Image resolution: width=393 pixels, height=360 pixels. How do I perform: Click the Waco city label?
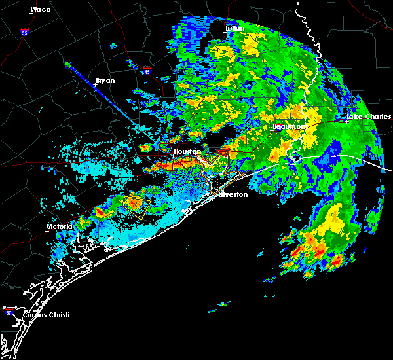click(x=41, y=9)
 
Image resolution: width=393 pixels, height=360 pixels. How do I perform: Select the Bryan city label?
click(x=105, y=81)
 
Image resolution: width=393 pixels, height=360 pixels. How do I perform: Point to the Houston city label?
click(x=187, y=151)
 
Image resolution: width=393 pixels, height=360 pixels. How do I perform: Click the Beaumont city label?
click(x=290, y=126)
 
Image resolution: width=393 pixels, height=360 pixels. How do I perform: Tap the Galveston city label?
click(x=233, y=194)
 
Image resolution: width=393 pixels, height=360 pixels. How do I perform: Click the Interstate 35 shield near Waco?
click(x=24, y=31)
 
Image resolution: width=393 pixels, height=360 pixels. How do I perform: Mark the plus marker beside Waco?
click(x=30, y=14)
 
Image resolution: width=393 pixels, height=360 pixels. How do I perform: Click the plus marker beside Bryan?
click(x=95, y=85)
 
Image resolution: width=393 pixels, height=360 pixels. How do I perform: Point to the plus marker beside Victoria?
click(x=47, y=231)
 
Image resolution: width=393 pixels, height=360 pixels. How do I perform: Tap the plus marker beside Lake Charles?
click(x=347, y=121)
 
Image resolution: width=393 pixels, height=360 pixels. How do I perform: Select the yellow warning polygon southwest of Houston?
click(x=138, y=204)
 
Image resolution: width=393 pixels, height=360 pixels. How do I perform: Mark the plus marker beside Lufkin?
click(x=225, y=33)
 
